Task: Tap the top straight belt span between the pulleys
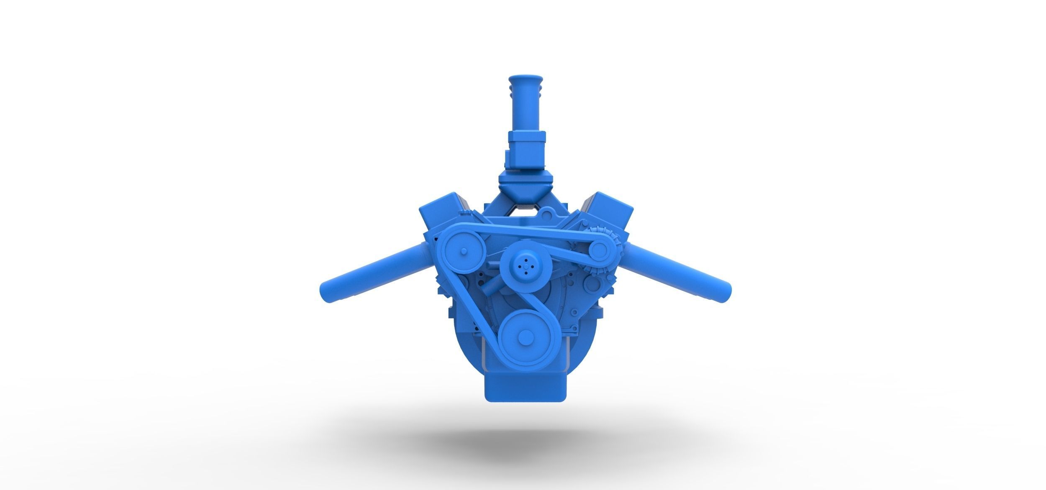523,232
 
